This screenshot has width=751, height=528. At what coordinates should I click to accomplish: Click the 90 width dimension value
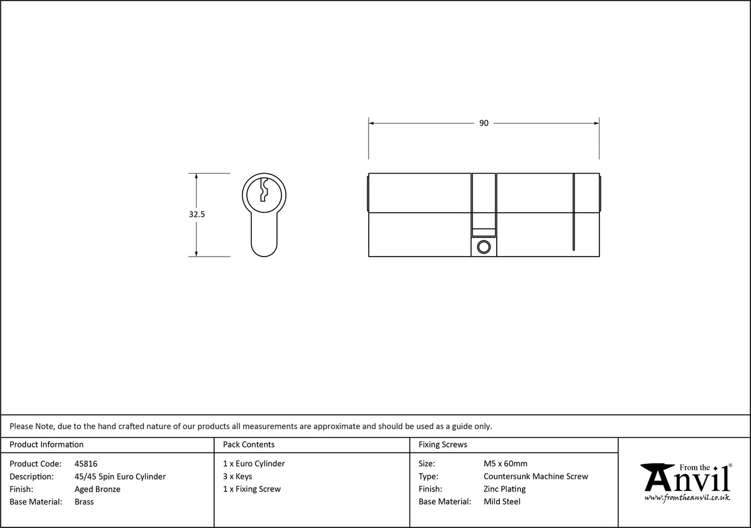tap(484, 123)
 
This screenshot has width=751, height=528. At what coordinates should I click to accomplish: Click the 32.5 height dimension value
tap(197, 215)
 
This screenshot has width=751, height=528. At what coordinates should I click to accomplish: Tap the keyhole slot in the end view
tap(264, 190)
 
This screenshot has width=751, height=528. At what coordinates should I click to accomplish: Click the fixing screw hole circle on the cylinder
tap(484, 247)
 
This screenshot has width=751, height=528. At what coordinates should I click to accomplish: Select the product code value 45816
tap(85, 464)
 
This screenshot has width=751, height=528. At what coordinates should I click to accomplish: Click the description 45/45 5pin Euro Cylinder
tap(120, 477)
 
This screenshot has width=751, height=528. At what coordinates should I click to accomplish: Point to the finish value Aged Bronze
tap(97, 489)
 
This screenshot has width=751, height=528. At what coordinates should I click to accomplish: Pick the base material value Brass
tap(84, 502)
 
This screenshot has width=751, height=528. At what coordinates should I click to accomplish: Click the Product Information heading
tap(46, 445)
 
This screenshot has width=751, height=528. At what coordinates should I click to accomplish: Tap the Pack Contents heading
tap(249, 445)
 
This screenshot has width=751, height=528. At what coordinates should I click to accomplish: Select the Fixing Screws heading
tap(443, 445)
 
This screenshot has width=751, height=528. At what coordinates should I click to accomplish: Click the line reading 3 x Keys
tap(238, 477)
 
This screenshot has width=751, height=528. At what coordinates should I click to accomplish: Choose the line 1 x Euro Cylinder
tap(254, 464)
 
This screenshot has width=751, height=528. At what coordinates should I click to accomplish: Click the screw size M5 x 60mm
tap(505, 464)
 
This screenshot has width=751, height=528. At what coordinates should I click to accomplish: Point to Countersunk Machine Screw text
tap(536, 477)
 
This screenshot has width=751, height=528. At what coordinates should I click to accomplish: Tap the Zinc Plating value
tap(504, 489)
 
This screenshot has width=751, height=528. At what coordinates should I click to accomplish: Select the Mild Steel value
tap(502, 502)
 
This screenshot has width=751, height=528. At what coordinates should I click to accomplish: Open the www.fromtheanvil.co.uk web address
tap(687, 497)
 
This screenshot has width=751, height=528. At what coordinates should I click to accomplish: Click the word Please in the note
tap(22, 426)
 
